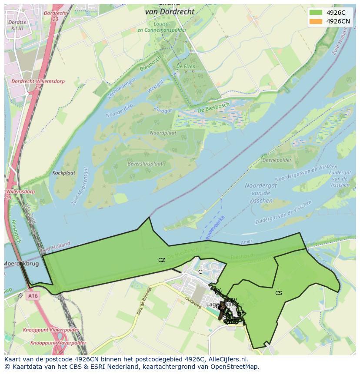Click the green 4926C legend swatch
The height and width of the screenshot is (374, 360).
click(x=316, y=13)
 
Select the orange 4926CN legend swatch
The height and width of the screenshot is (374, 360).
click(x=316, y=21)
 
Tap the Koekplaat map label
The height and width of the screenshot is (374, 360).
click(x=63, y=173)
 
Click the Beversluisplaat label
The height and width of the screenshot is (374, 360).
click(x=145, y=164)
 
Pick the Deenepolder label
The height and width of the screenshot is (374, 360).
click(x=277, y=160)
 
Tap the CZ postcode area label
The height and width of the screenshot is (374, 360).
click(x=162, y=260)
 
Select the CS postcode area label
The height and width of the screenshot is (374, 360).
click(x=279, y=293)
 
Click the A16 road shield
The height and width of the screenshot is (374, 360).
click(x=32, y=296)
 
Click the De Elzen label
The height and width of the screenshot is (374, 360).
click(x=185, y=66)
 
